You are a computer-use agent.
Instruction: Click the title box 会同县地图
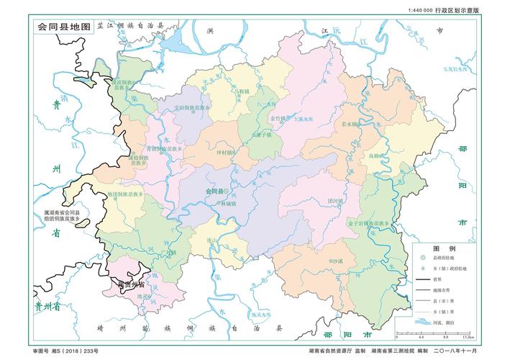click(x=65, y=26)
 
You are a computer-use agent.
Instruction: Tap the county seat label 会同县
click(x=214, y=192)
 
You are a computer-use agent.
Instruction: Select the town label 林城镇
click(x=229, y=204)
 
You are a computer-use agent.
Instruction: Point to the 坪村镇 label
click(x=226, y=153)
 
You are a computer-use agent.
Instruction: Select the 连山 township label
click(x=212, y=240)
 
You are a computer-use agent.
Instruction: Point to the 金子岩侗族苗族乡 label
click(x=358, y=224)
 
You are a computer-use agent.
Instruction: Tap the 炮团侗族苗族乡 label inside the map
click(x=126, y=194)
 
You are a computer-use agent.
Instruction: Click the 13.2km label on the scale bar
click(x=467, y=337)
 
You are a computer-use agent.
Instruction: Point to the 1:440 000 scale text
click(x=420, y=11)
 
